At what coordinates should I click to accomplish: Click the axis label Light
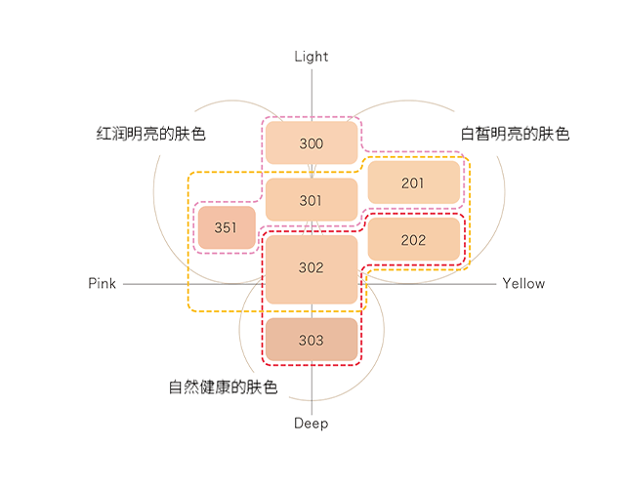pyautogui.click(x=312, y=57)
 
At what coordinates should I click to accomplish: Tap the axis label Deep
pyautogui.click(x=312, y=424)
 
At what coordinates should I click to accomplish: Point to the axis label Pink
pyautogui.click(x=102, y=284)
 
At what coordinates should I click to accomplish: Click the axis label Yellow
pyautogui.click(x=523, y=284)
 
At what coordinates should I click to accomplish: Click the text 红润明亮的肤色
pyautogui.click(x=150, y=134)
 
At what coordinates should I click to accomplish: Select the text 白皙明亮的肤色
pyautogui.click(x=515, y=134)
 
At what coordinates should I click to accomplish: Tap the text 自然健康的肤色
pyautogui.click(x=223, y=387)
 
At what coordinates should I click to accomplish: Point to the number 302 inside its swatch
pyautogui.click(x=312, y=267)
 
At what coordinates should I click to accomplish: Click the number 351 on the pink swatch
pyautogui.click(x=226, y=228)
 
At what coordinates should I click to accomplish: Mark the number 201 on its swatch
pyautogui.click(x=413, y=183)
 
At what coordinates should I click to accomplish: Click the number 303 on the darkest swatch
pyautogui.click(x=312, y=341)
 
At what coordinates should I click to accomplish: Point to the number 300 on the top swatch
pyautogui.click(x=312, y=144)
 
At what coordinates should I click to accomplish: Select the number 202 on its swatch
pyautogui.click(x=413, y=240)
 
